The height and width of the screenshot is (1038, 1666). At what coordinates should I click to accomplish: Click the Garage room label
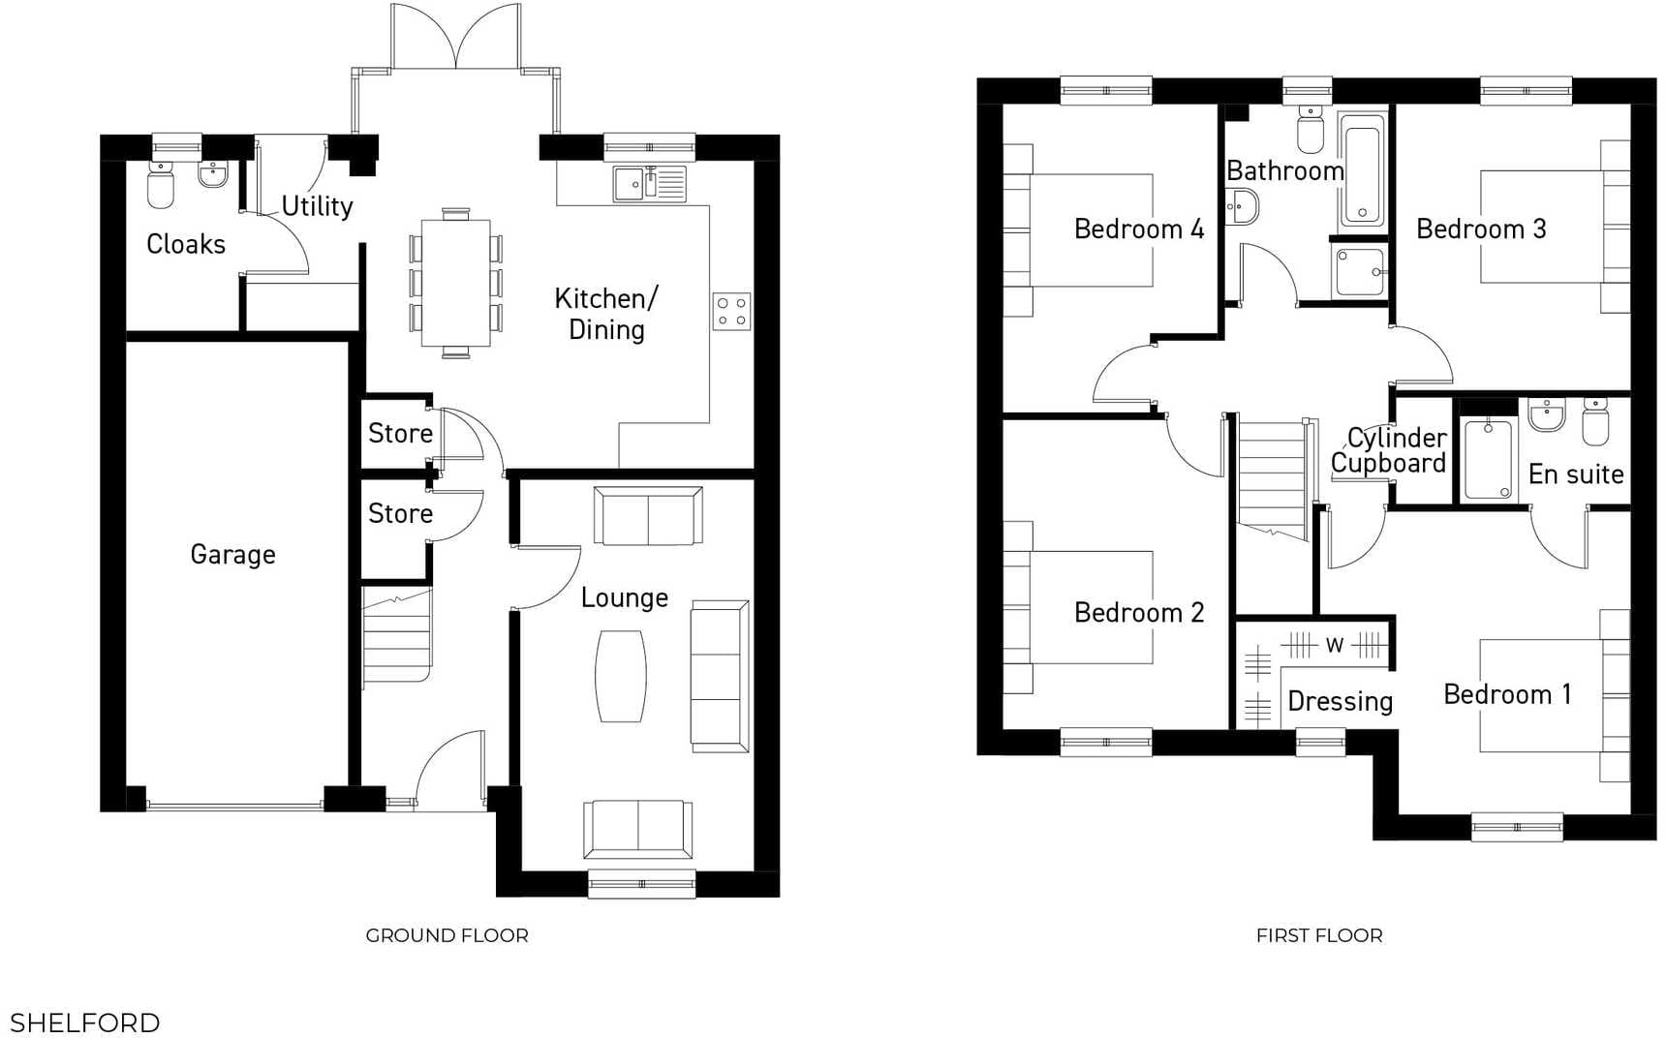pos(232,555)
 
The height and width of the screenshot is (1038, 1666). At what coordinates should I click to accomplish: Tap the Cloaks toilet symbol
pos(161,186)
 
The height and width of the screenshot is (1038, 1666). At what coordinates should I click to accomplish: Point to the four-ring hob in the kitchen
pos(731,312)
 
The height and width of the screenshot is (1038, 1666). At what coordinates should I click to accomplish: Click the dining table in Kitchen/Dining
pos(455,283)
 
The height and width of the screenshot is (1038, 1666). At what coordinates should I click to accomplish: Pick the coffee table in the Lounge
pos(621,676)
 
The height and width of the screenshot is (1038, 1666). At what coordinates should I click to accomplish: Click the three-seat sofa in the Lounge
pos(719,676)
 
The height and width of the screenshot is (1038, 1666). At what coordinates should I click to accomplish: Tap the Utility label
pos(317,206)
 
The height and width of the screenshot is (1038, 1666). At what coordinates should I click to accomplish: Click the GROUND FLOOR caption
pos(447,935)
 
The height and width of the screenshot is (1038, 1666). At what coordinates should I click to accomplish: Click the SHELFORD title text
pos(84,1023)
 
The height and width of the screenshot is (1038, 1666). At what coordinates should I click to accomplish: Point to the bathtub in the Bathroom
pos(1362,170)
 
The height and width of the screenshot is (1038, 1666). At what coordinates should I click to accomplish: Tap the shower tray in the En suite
pos(1487,459)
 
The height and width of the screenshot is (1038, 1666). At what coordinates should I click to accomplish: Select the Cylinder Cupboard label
pos(1388,450)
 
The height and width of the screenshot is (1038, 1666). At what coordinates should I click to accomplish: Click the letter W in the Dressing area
pos(1335,645)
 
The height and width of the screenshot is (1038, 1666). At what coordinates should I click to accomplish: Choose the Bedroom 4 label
pos(1138,229)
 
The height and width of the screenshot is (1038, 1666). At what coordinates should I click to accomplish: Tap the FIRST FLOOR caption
pos(1318,935)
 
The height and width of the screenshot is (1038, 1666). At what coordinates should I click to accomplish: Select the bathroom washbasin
pos(1243,206)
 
